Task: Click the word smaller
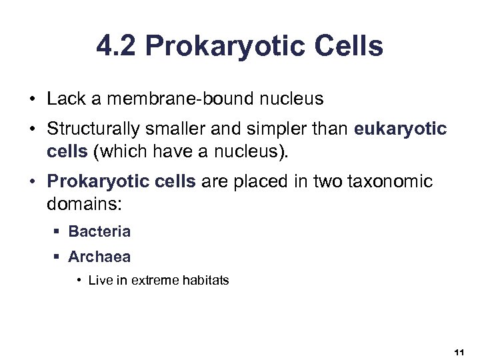(170, 129)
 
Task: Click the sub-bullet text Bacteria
(99, 232)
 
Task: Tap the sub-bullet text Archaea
(99, 257)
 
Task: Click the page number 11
(458, 351)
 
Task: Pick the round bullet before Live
(79, 281)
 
